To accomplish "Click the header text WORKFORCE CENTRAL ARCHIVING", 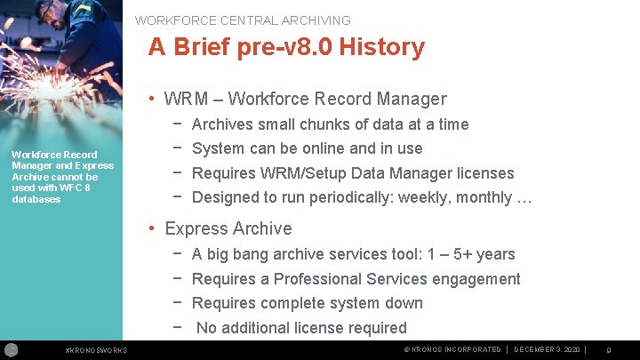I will tap(243, 20).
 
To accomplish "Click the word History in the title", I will tap(378, 47).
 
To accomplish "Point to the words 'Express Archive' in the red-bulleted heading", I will tap(228, 229).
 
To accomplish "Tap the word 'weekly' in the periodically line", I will tap(424, 197).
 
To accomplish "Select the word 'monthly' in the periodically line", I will tap(481, 197).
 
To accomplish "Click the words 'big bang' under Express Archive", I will tap(236, 254).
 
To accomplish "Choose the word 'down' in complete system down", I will tap(404, 303).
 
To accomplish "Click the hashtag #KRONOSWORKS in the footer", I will tap(97, 350).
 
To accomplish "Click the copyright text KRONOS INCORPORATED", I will tap(457, 349).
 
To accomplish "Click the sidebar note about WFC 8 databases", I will tap(62, 177).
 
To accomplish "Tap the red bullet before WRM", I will tap(153, 100).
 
